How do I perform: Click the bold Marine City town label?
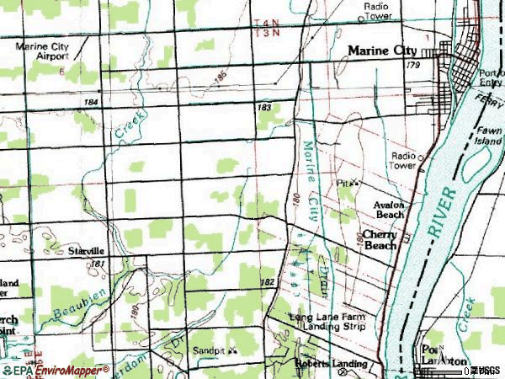point(382,51)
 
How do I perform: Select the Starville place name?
point(86,251)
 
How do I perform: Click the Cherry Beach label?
point(380,240)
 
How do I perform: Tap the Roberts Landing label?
point(331,364)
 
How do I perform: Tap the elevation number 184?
point(92,102)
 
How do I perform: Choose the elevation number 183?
point(264,107)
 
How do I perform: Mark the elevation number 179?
point(412,65)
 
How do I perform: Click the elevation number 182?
point(268,282)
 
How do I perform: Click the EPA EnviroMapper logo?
point(55,370)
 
